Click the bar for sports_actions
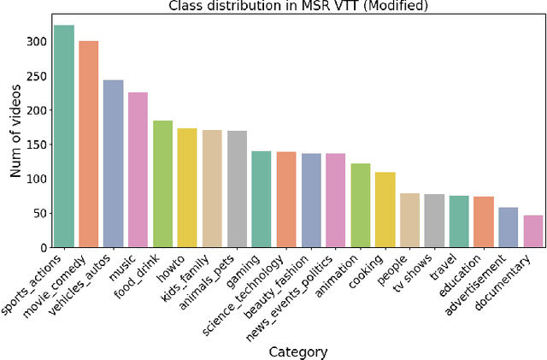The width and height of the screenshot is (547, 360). (64, 137)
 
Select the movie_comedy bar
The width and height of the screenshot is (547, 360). (89, 145)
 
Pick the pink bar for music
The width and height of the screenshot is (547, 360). (138, 171)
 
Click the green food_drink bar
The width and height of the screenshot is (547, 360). (162, 185)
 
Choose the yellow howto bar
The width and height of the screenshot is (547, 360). (187, 189)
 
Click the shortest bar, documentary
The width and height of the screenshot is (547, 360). (533, 232)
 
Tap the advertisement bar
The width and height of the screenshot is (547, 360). (509, 227)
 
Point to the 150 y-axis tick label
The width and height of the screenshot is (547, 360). (34, 145)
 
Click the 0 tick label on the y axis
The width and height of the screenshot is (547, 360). (40, 248)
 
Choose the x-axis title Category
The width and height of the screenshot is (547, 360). (298, 351)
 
